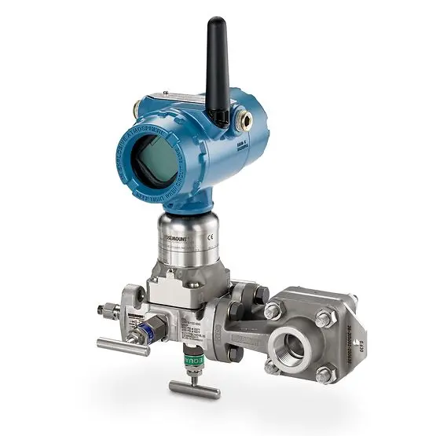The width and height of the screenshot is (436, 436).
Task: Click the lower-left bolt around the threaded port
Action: (271, 365)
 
